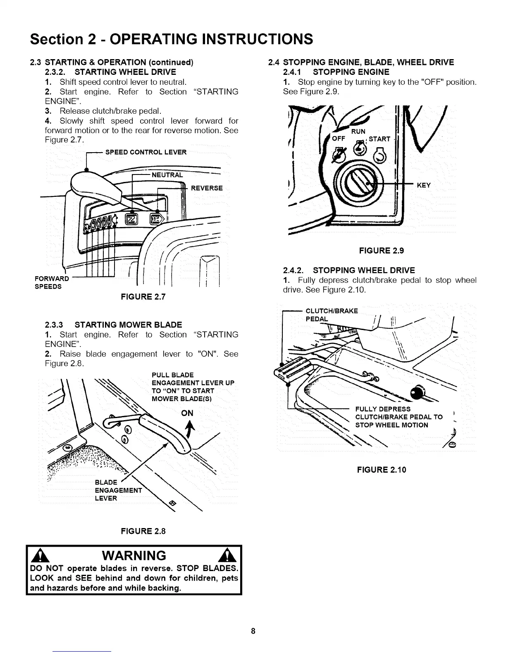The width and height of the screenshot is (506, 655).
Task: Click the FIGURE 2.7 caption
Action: pyautogui.click(x=143, y=296)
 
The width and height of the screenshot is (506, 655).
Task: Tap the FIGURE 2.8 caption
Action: pyautogui.click(x=143, y=531)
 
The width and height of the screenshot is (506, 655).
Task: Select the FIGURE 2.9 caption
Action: pyautogui.click(x=381, y=250)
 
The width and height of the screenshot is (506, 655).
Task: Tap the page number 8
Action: pyautogui.click(x=253, y=631)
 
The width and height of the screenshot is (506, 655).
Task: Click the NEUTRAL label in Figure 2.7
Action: pyautogui.click(x=167, y=175)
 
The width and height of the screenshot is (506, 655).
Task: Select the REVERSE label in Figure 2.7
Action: pyautogui.click(x=206, y=188)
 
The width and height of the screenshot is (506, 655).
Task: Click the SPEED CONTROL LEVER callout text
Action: pyautogui.click(x=146, y=152)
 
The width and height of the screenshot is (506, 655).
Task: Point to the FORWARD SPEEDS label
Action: pyautogui.click(x=51, y=282)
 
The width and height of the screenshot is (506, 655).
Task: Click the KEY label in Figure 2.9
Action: pyautogui.click(x=424, y=185)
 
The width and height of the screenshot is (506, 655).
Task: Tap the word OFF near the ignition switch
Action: pyautogui.click(x=339, y=139)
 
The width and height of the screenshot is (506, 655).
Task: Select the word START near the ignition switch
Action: pyautogui.click(x=379, y=139)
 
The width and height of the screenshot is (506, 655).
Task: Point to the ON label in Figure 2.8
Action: pyautogui.click(x=187, y=413)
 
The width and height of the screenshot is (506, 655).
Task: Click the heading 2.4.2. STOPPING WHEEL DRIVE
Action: pyautogui.click(x=349, y=270)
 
